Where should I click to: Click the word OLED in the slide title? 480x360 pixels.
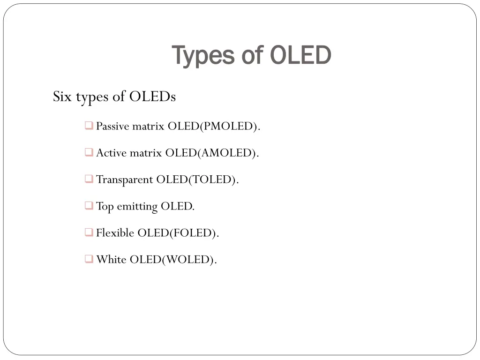coord(301,55)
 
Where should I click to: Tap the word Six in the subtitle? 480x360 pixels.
coord(61,97)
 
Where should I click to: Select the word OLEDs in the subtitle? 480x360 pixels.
coord(152,97)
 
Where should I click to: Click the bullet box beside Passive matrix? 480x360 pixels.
coord(89,126)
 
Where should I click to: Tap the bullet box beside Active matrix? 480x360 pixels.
coord(89,152)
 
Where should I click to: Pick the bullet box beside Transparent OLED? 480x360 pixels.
coord(89,179)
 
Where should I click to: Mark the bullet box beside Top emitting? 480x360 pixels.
coord(89,206)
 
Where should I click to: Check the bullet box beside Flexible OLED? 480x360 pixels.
coord(89,232)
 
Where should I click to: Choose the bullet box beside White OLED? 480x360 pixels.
coord(89,259)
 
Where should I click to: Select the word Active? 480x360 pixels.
coord(111,153)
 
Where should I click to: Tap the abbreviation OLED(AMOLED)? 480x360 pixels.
coord(211,153)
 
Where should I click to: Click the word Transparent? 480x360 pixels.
coord(125,180)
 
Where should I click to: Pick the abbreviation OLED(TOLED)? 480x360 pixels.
coord(197,180)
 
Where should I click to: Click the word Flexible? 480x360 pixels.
coord(115,233)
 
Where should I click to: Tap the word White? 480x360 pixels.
coord(111,260)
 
